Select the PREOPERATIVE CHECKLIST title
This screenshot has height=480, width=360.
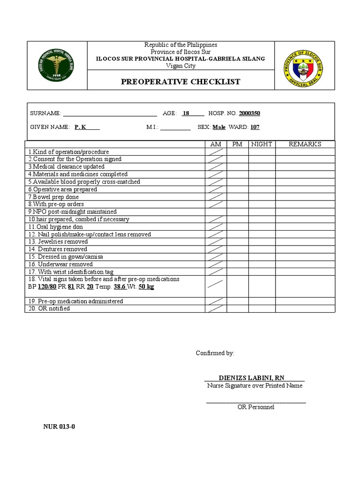click(180, 82)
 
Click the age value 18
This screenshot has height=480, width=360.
click(186, 113)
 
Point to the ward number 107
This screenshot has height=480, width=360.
click(255, 127)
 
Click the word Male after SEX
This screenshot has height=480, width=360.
click(219, 127)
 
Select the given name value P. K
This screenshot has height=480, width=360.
click(80, 127)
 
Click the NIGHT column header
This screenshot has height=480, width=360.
click(262, 144)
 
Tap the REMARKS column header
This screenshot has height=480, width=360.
click(305, 144)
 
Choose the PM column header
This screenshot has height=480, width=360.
click(237, 144)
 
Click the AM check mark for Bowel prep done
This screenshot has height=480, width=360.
click(216, 197)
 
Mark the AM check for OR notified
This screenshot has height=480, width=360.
click(216, 308)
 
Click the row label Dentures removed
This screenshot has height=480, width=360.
click(58, 249)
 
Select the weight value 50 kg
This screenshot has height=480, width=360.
click(146, 286)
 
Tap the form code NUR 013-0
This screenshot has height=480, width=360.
click(59, 427)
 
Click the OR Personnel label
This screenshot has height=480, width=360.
click(255, 407)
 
